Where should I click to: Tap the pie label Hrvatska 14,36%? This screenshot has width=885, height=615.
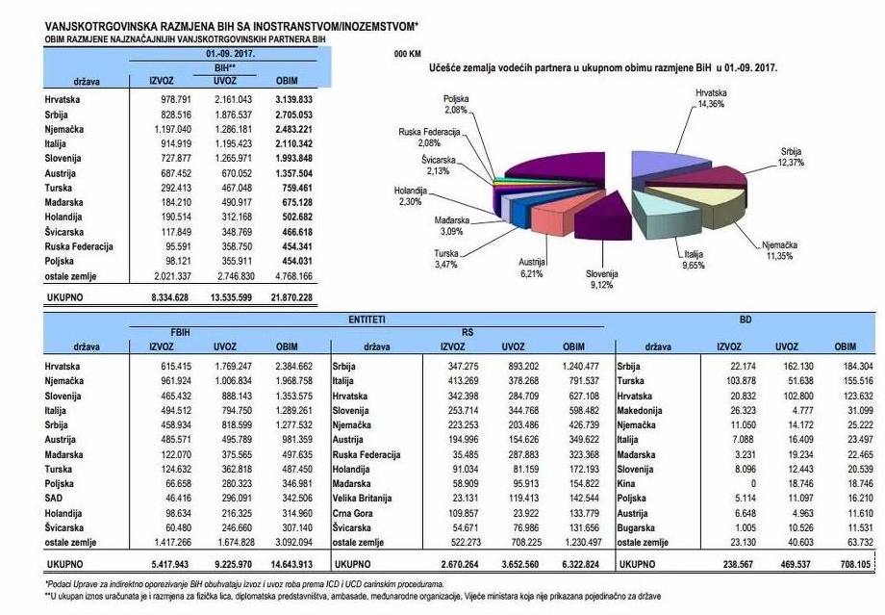[x=710, y=97]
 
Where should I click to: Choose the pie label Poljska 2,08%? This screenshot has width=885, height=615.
[x=458, y=103]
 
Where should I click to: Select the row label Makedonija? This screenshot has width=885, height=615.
[x=643, y=412]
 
